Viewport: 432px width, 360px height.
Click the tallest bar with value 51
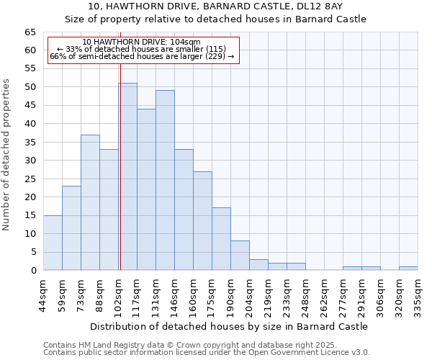coord(127,176)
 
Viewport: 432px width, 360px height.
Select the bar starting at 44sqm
coord(53,243)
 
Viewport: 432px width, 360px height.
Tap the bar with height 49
coord(165,180)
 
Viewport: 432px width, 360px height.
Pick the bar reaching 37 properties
coord(90,202)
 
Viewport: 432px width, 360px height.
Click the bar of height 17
coord(221,239)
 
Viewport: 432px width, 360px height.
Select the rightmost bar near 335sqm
coord(408,269)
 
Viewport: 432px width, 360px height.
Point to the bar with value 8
coord(240,256)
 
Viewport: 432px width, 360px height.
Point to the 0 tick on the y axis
coord(32,271)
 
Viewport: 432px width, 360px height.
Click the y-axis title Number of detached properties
coord(7,155)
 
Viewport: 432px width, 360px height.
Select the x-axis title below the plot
coord(230,326)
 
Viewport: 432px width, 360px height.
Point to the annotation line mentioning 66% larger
coord(142,56)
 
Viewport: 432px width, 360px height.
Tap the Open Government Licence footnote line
coord(206,353)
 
